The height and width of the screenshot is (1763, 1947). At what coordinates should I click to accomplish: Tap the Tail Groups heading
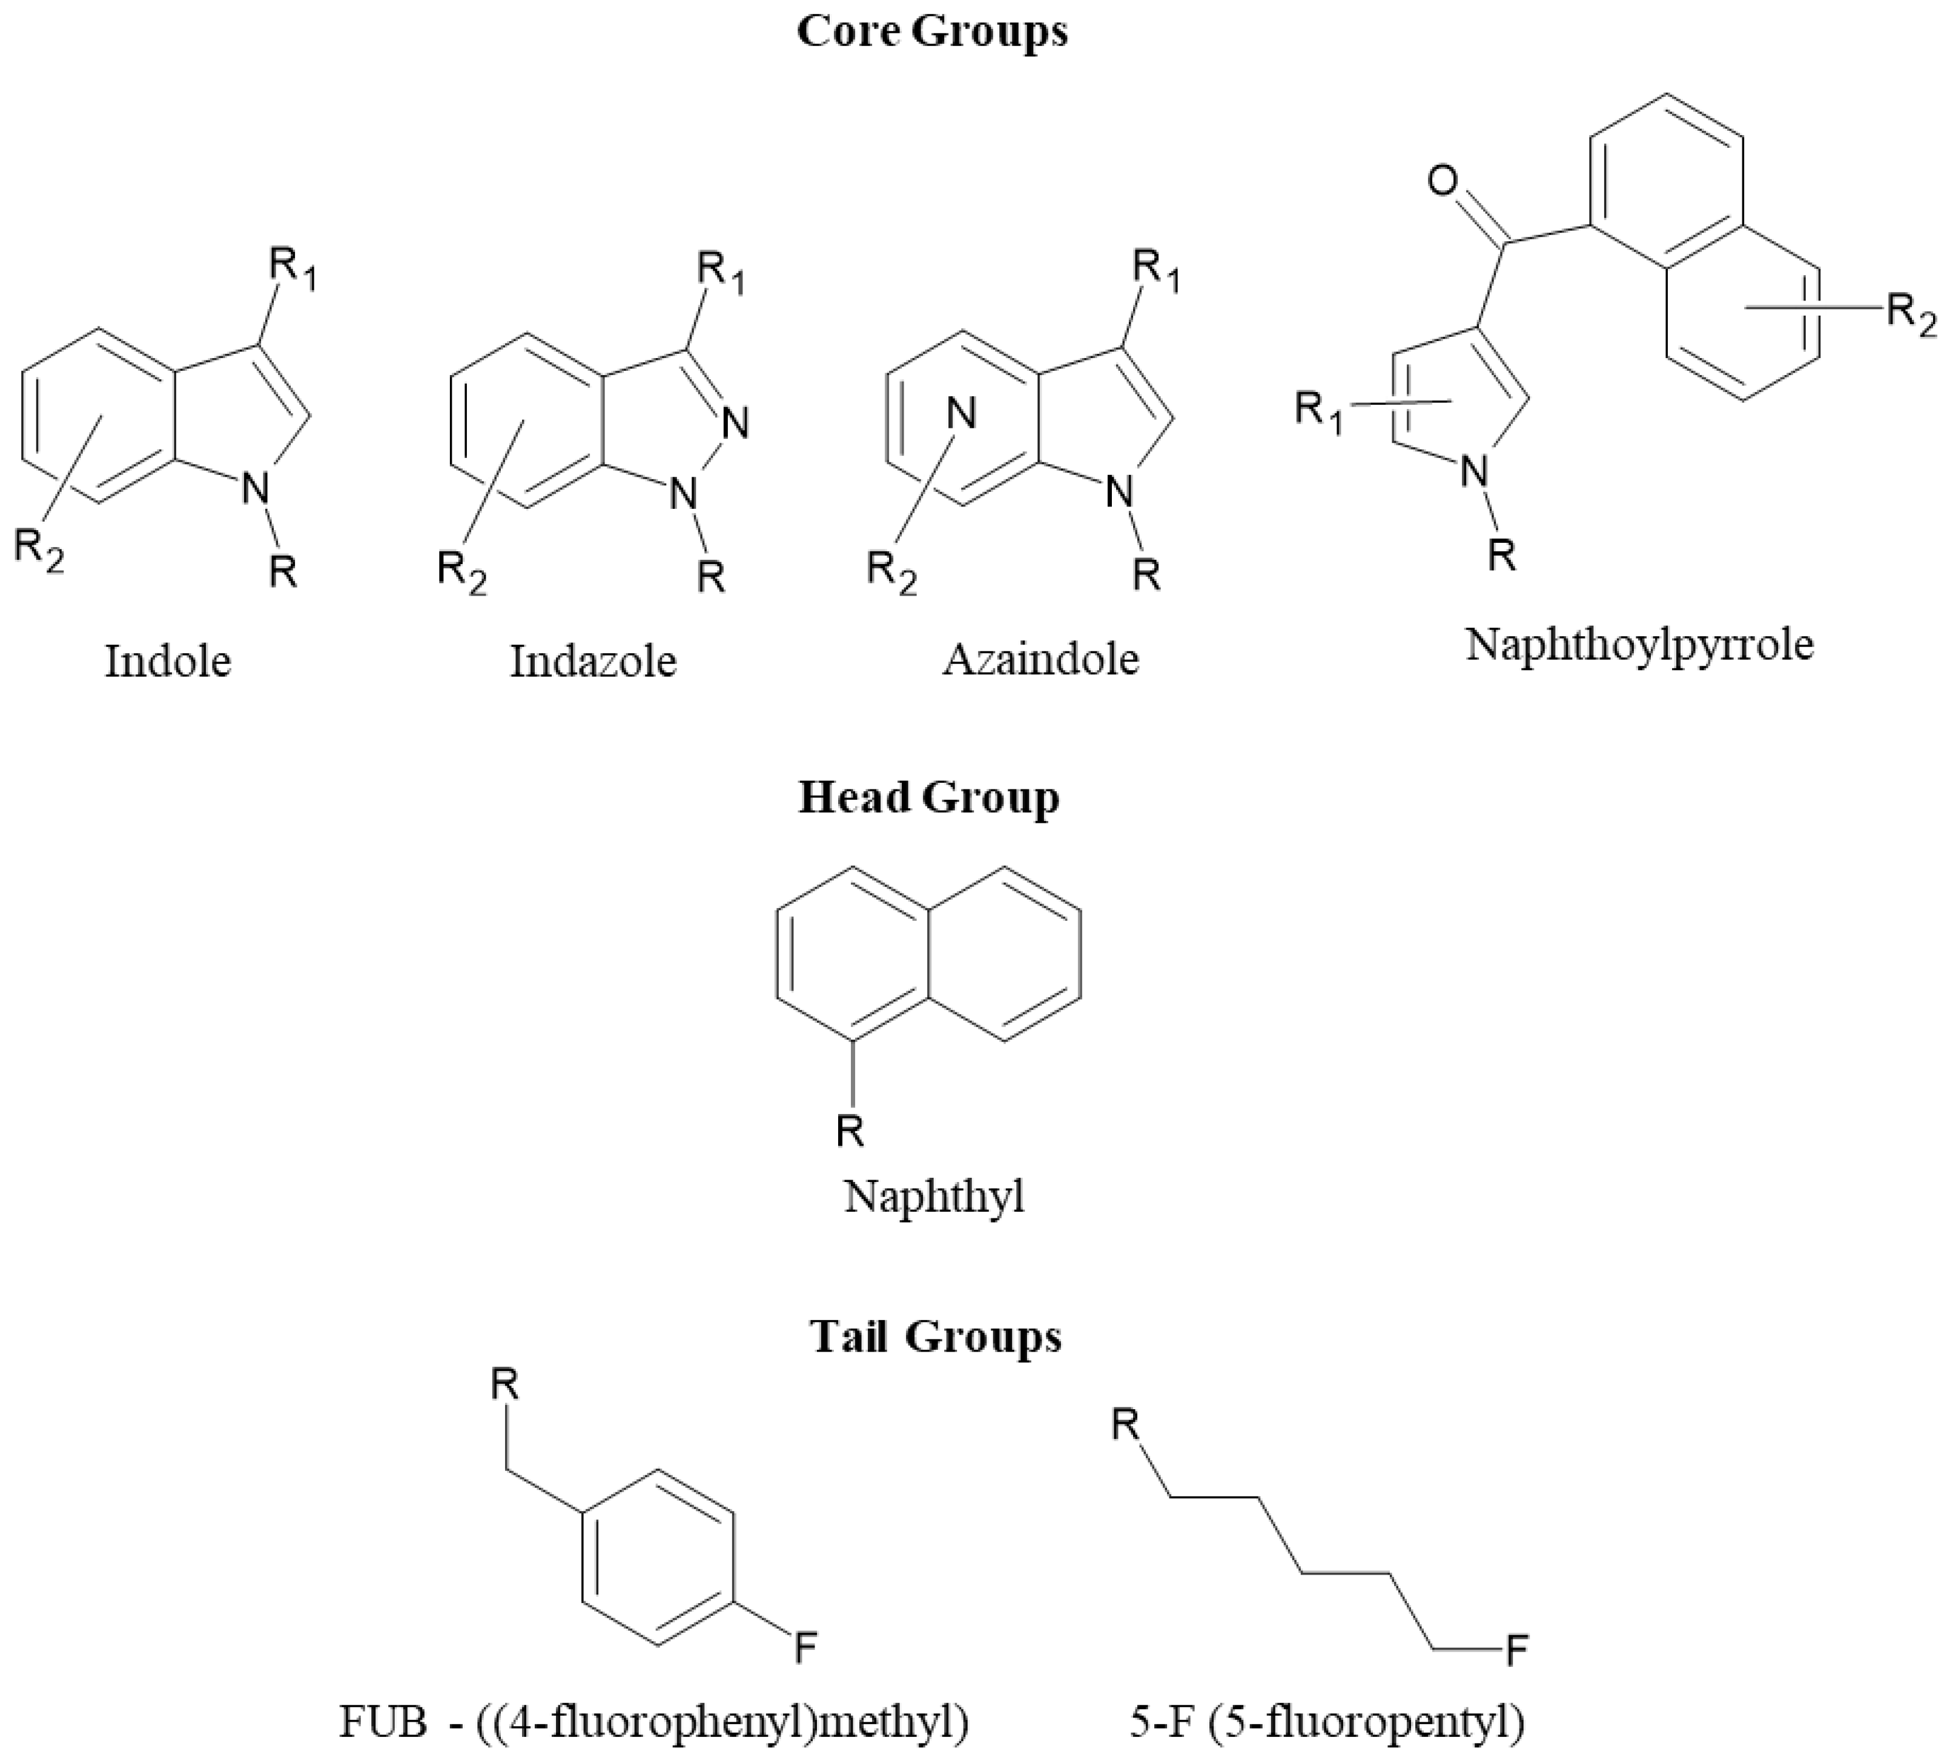[x=936, y=1337]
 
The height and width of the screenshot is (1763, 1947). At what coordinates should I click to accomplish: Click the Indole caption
[x=168, y=662]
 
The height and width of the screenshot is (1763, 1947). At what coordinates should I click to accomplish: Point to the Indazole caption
[x=593, y=662]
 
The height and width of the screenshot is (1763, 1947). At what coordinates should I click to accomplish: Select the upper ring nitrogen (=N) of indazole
[x=736, y=422]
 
